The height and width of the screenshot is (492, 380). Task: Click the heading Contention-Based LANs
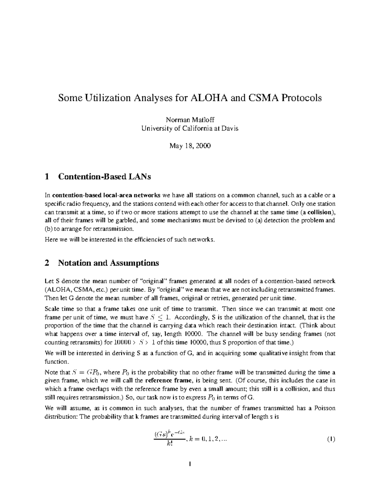pyautogui.click(x=104, y=177)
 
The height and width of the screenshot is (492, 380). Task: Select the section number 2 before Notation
pyautogui.click(x=47, y=263)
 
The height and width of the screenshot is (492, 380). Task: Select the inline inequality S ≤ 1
pyautogui.click(x=160, y=317)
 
